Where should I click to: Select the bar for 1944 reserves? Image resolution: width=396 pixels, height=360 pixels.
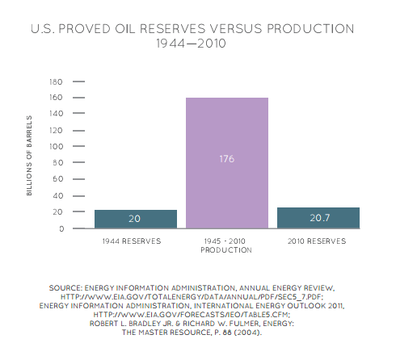click(x=136, y=219)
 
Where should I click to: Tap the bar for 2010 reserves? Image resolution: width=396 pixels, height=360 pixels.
click(x=318, y=218)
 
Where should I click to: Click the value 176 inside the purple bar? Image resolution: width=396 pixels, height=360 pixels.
click(x=227, y=159)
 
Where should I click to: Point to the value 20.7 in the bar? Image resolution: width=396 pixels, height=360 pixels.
click(x=318, y=219)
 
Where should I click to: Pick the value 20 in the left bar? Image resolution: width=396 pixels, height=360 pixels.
click(x=136, y=220)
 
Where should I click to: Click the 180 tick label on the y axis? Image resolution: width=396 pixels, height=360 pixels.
click(x=57, y=82)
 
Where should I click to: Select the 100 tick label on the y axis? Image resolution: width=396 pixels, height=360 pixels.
click(x=57, y=147)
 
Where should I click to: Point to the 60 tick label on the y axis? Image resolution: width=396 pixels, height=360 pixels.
click(x=58, y=180)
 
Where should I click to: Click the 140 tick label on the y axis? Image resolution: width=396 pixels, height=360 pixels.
click(x=57, y=115)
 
